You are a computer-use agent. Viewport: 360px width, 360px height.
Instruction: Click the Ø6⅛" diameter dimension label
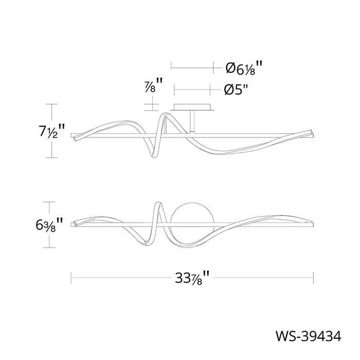243,68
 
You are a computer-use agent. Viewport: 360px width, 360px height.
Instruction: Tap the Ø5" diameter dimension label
237,90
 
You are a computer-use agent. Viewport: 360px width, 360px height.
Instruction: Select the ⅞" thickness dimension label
153,85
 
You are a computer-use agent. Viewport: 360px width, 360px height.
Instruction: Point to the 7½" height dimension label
51,131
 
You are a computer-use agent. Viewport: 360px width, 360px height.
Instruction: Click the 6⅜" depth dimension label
49,225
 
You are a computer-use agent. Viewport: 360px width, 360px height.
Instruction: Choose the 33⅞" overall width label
192,278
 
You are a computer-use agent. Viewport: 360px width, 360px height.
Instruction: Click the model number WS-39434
309,336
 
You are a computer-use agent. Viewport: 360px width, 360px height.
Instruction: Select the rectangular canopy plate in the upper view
192,107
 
